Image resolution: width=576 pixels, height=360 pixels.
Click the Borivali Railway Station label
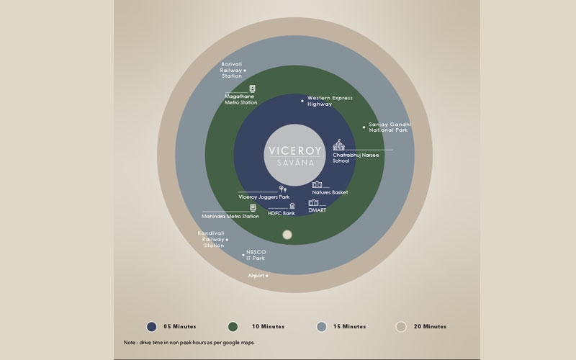coord(231,70)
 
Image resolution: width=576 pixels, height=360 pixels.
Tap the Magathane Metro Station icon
coord(253,89)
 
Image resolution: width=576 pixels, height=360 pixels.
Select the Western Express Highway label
coord(330,101)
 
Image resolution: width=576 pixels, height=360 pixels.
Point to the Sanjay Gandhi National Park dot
coord(364,127)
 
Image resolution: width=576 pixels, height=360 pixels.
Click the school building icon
coord(338,145)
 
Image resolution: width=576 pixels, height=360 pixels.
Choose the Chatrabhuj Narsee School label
coord(356,158)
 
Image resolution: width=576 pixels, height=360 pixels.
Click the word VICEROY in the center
coord(295,151)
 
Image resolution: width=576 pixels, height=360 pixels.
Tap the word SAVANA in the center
coord(295,163)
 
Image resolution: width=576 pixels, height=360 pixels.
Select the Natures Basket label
coord(330,192)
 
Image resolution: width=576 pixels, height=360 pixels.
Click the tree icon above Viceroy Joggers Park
coord(282,189)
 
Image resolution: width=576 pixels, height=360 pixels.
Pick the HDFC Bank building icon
coord(292,206)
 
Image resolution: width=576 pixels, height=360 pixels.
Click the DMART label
coord(317,210)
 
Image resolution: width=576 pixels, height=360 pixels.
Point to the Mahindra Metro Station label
coord(230,217)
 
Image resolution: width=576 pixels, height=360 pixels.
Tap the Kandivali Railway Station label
coord(211,239)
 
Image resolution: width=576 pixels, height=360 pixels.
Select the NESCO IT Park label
coord(256,255)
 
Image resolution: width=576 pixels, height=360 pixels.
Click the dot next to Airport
coord(266,276)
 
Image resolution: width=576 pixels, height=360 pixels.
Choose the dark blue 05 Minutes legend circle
coord(151,327)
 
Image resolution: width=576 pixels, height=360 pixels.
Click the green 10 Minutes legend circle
coord(233,327)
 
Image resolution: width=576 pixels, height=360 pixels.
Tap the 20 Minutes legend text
coord(430,327)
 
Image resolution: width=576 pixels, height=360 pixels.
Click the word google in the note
coord(230,343)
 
